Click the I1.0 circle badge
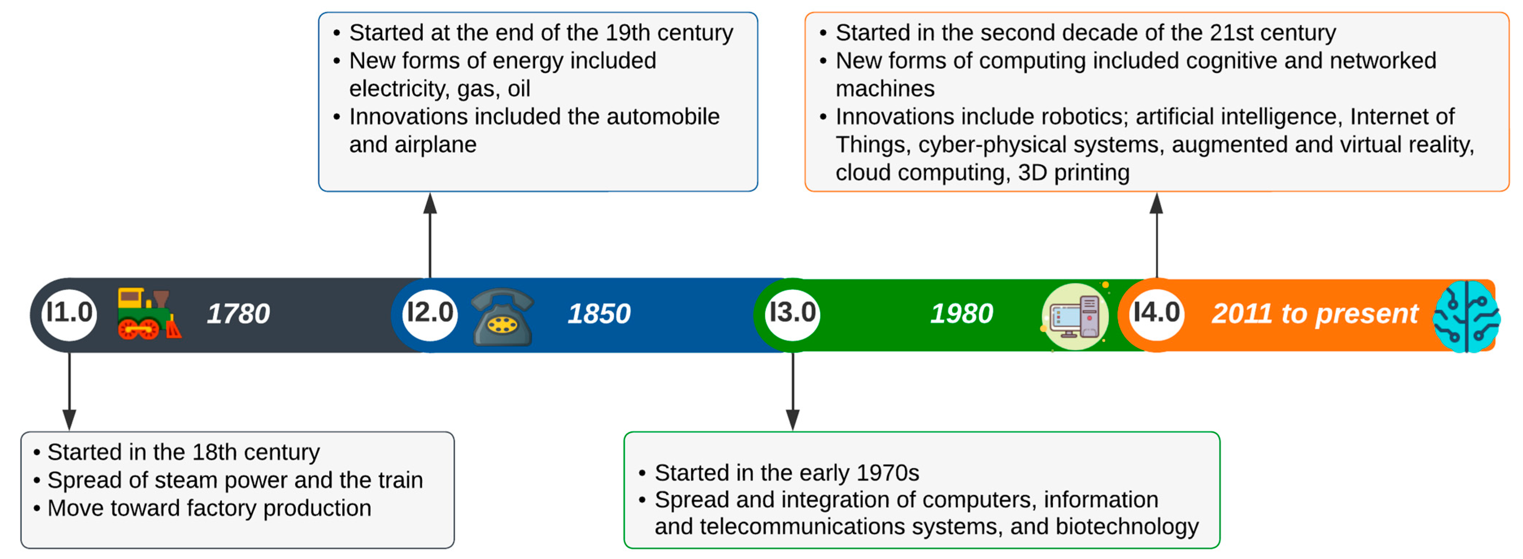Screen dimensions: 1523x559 tap(69, 314)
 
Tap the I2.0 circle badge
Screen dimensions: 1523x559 tap(430, 314)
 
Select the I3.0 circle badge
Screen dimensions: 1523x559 tap(793, 314)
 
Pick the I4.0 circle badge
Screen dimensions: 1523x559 tap(1156, 314)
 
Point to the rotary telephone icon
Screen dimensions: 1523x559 tap(502, 317)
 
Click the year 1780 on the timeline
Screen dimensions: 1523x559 tap(238, 314)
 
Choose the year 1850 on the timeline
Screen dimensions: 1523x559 tap(599, 314)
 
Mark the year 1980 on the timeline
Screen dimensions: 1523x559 tap(962, 314)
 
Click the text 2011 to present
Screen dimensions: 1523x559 tap(1315, 314)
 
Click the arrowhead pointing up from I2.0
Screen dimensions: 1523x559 tap(430, 203)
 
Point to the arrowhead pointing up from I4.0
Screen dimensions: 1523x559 tap(1156, 203)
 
